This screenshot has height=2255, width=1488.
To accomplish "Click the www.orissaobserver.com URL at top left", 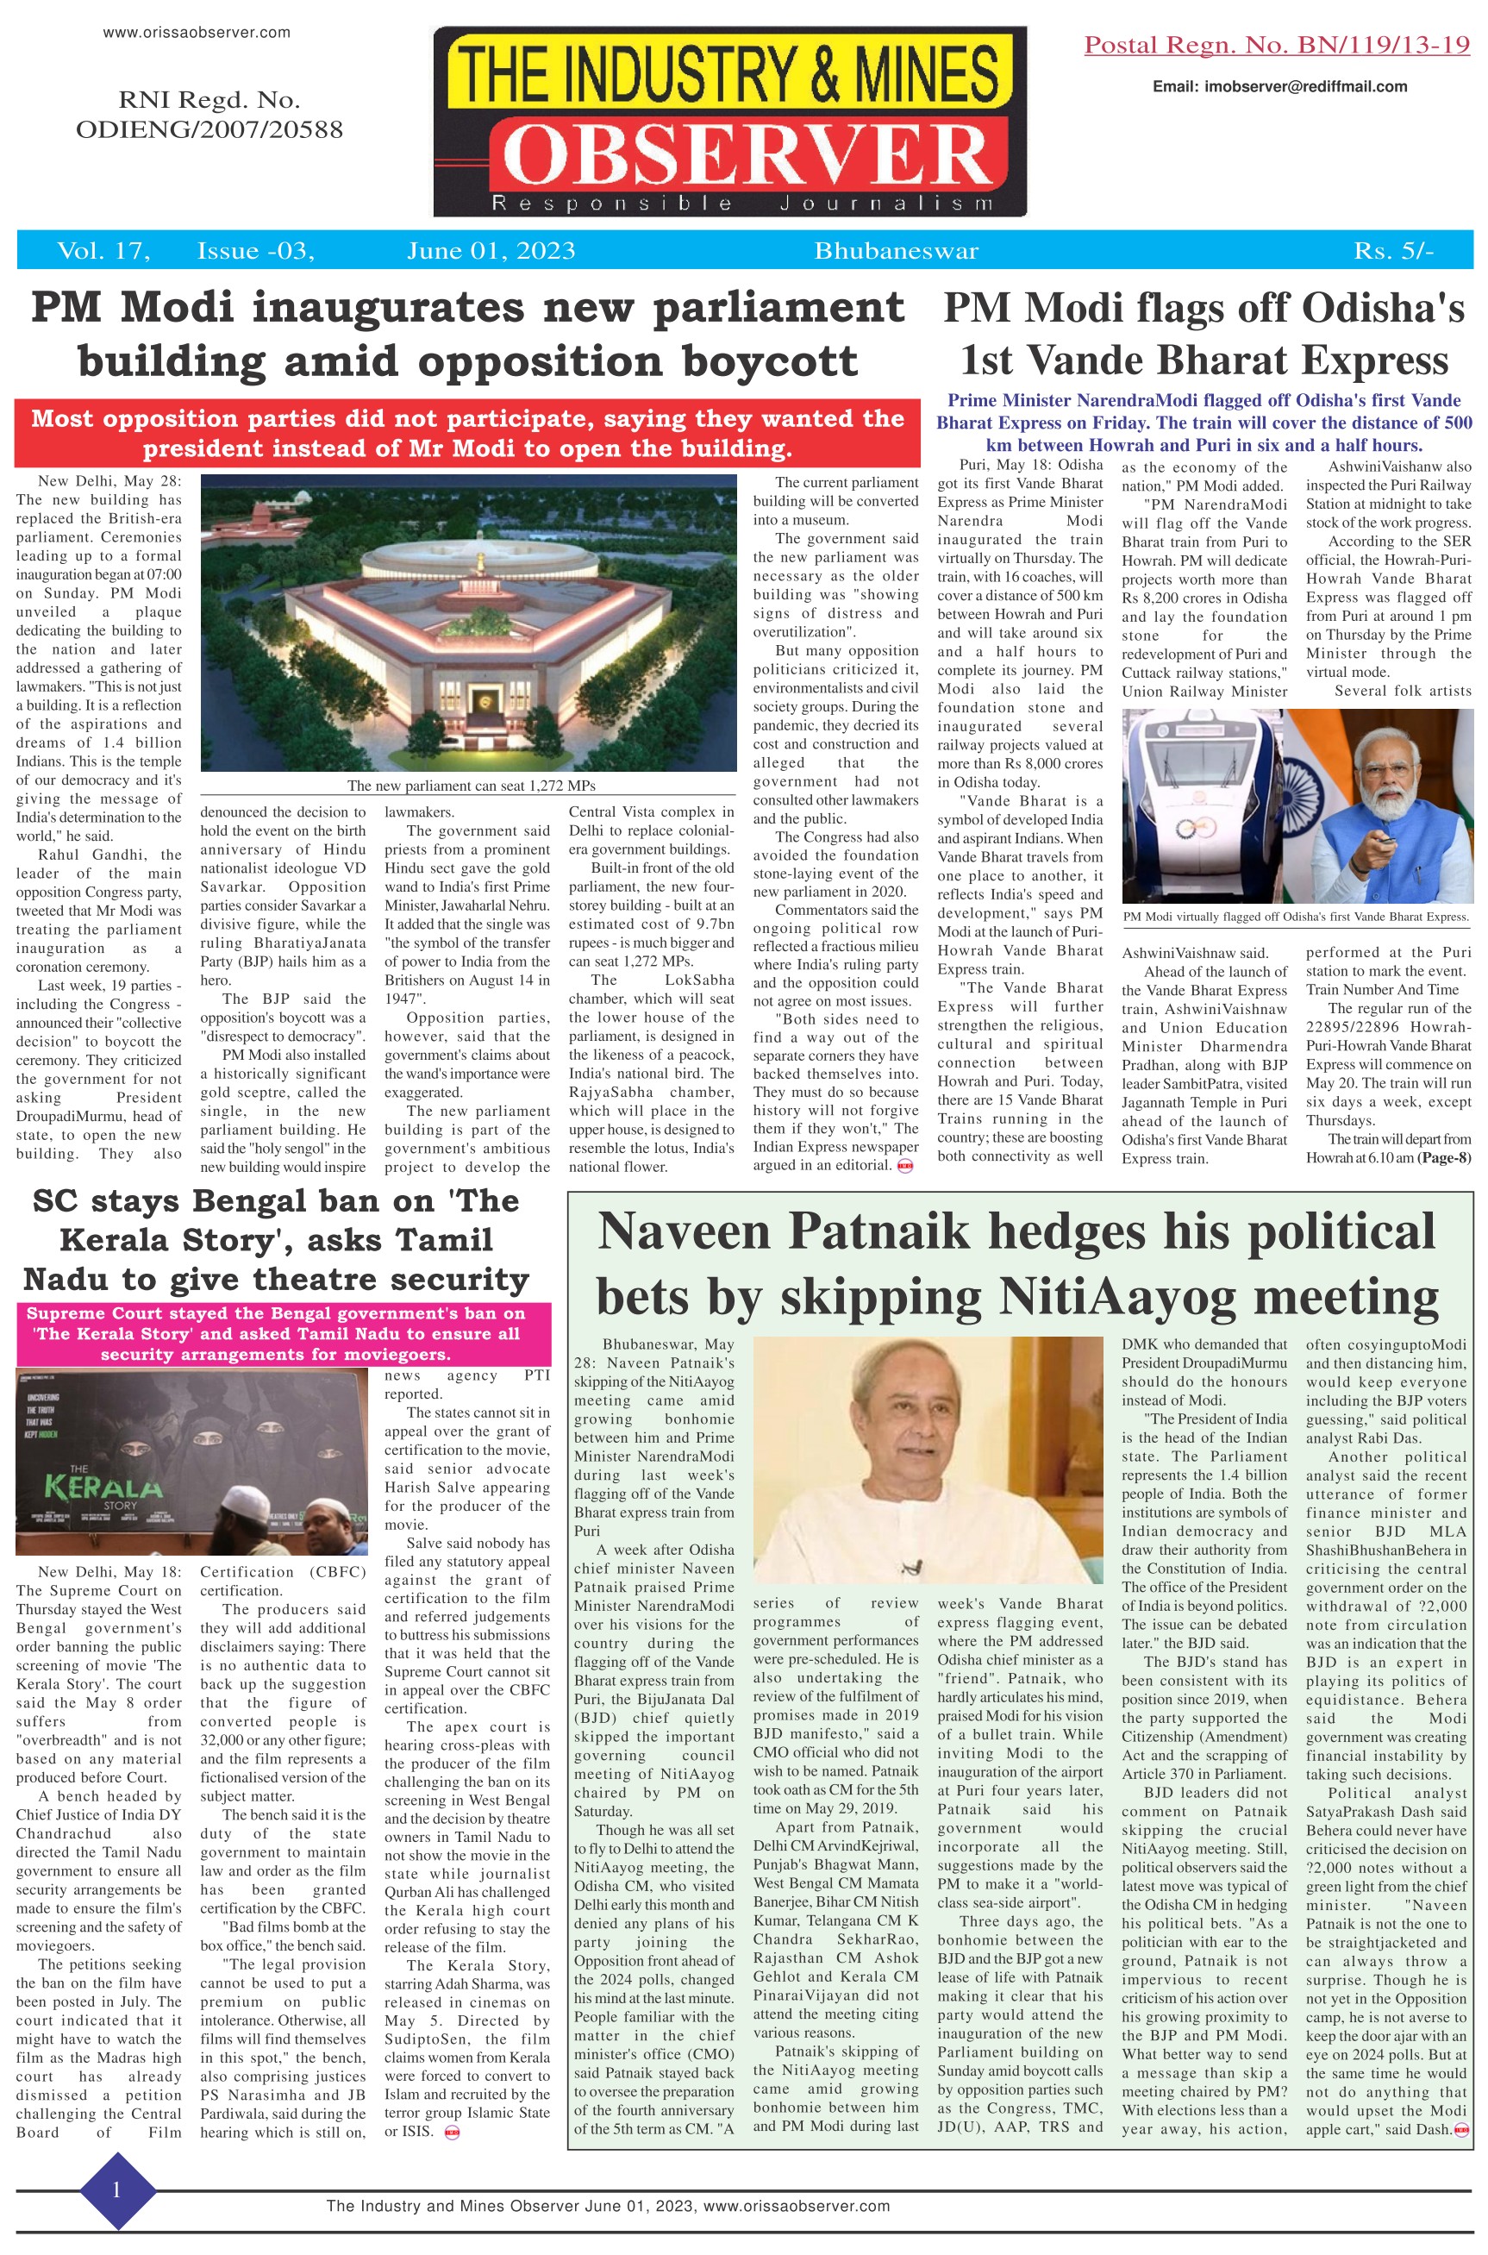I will [197, 32].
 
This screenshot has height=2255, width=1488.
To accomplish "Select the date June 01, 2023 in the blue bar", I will [491, 251].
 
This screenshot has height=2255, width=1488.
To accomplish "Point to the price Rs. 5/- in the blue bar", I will [1393, 251].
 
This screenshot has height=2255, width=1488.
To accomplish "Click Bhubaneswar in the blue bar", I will [896, 251].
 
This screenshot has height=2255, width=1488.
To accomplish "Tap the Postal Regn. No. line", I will [1277, 45].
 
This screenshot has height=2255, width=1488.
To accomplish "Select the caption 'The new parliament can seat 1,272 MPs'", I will [471, 786].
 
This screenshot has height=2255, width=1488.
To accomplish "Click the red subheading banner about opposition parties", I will [467, 433].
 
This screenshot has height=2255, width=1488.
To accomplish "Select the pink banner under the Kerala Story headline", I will [275, 1333].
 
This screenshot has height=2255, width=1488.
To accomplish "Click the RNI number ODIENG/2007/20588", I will [209, 129].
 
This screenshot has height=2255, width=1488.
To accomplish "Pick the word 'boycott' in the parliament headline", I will [753, 360].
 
